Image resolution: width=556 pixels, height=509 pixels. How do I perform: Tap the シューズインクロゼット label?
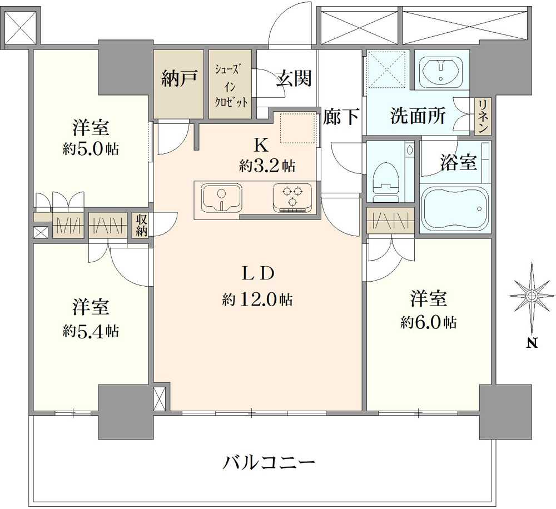click(x=231, y=86)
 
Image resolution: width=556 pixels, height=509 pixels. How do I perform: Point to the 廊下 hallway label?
click(x=341, y=117)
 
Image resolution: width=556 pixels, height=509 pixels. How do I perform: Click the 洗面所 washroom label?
click(x=417, y=116)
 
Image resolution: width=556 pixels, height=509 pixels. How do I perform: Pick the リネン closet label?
click(x=483, y=116)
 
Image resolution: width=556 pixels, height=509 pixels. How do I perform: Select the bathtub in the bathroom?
click(x=455, y=209)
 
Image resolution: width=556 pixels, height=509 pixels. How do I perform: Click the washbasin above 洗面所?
click(x=441, y=71)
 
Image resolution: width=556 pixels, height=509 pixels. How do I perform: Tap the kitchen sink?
click(x=221, y=198)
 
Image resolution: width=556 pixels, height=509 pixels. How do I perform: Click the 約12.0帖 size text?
click(x=257, y=300)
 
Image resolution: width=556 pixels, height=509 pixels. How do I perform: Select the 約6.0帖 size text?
click(x=429, y=322)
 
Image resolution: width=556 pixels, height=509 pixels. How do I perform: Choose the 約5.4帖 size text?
click(x=90, y=331)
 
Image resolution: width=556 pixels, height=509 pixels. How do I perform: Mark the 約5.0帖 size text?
click(x=90, y=149)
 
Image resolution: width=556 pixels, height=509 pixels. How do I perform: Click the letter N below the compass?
click(x=532, y=343)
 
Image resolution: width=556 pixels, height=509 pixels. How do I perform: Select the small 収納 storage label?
click(x=141, y=225)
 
